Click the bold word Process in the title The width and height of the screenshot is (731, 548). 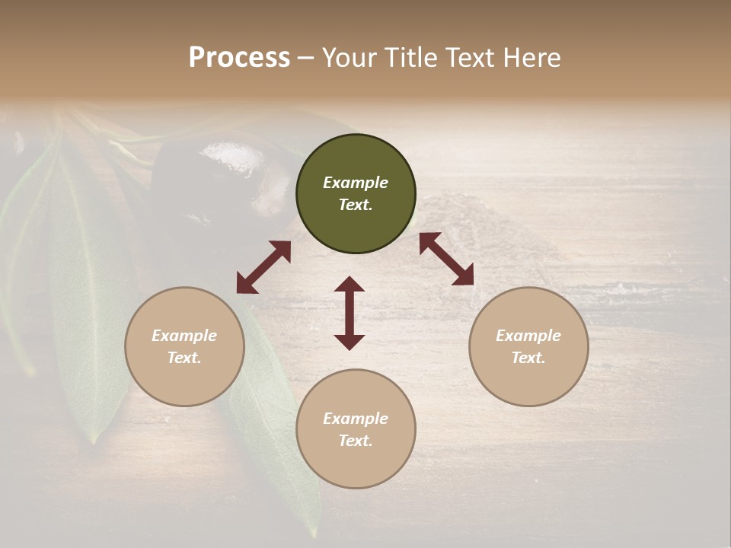click(x=239, y=58)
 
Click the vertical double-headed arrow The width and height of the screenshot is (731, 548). click(x=350, y=313)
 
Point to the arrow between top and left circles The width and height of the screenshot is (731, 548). click(x=263, y=267)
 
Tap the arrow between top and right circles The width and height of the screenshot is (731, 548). click(x=446, y=259)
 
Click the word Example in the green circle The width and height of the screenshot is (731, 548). click(x=356, y=183)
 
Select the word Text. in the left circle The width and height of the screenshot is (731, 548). click(x=184, y=358)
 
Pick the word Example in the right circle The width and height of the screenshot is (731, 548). click(x=528, y=336)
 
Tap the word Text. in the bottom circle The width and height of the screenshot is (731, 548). click(x=356, y=441)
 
